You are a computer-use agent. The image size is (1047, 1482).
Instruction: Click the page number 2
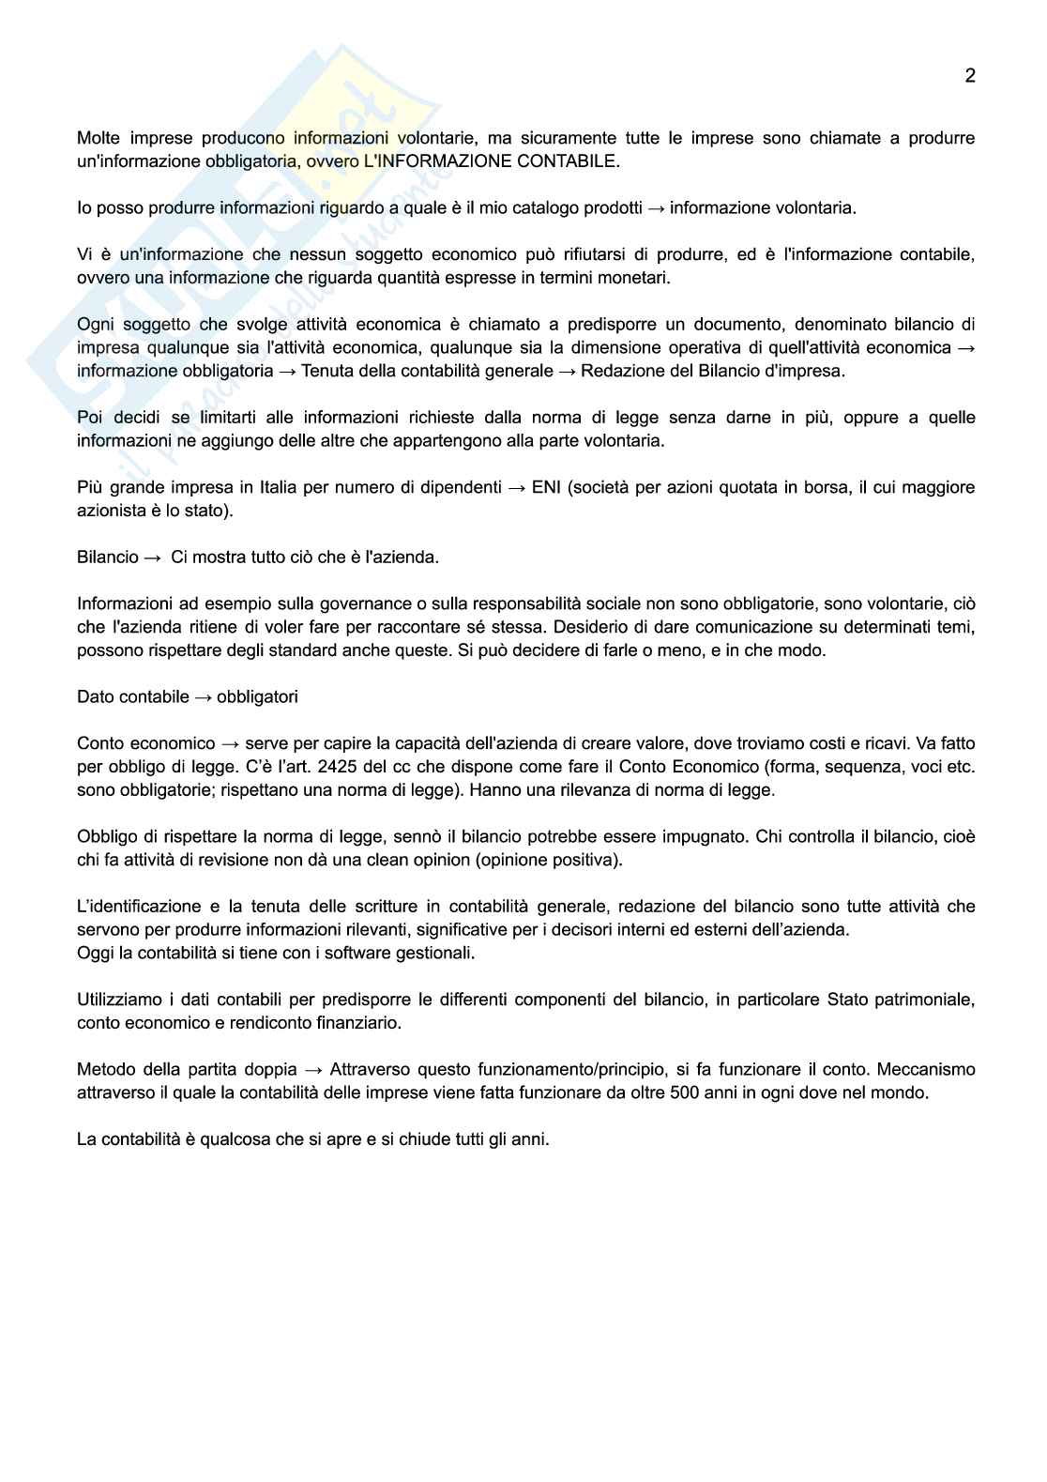click(x=970, y=76)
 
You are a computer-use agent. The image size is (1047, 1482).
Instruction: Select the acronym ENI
click(x=546, y=487)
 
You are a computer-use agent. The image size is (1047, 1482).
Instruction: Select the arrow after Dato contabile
click(x=203, y=696)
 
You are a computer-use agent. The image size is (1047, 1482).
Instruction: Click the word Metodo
click(x=103, y=1069)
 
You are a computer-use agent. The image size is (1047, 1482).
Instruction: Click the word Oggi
click(x=94, y=953)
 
